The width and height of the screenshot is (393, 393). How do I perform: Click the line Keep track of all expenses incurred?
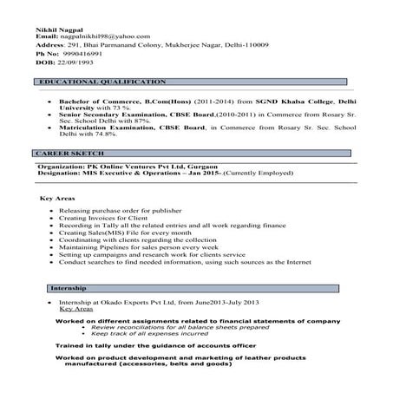pyautogui.click(x=144, y=332)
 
